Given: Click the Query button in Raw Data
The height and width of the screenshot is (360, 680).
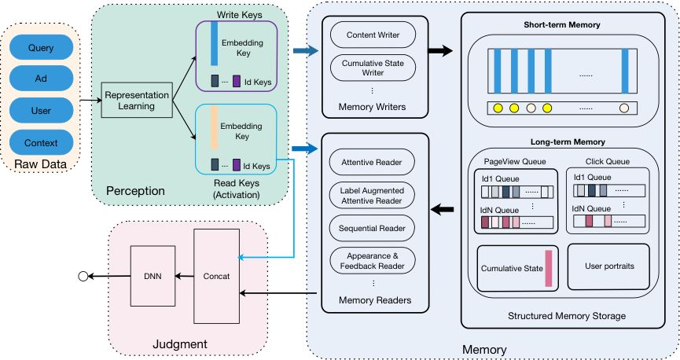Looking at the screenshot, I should tap(40, 47).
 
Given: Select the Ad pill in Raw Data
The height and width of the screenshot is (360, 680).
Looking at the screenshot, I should tap(40, 79).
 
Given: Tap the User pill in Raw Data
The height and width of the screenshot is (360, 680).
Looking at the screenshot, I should tap(40, 110).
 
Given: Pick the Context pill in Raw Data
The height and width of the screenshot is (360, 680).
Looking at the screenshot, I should tap(40, 142).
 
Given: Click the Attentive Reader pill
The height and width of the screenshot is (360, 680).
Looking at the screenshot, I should tap(372, 163).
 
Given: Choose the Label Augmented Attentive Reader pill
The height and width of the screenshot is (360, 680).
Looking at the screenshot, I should tap(372, 195).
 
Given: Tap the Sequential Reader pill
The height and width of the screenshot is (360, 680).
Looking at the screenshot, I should tap(372, 228).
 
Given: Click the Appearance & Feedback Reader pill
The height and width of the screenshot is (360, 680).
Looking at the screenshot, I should tap(372, 261).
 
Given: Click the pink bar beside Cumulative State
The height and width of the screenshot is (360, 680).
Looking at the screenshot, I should tap(548, 267).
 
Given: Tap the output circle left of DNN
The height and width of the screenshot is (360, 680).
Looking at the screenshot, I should tap(82, 276).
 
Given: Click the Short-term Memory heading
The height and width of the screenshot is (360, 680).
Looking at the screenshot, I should tap(561, 25).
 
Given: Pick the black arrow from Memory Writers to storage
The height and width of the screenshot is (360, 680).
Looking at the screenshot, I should tap(441, 51).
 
